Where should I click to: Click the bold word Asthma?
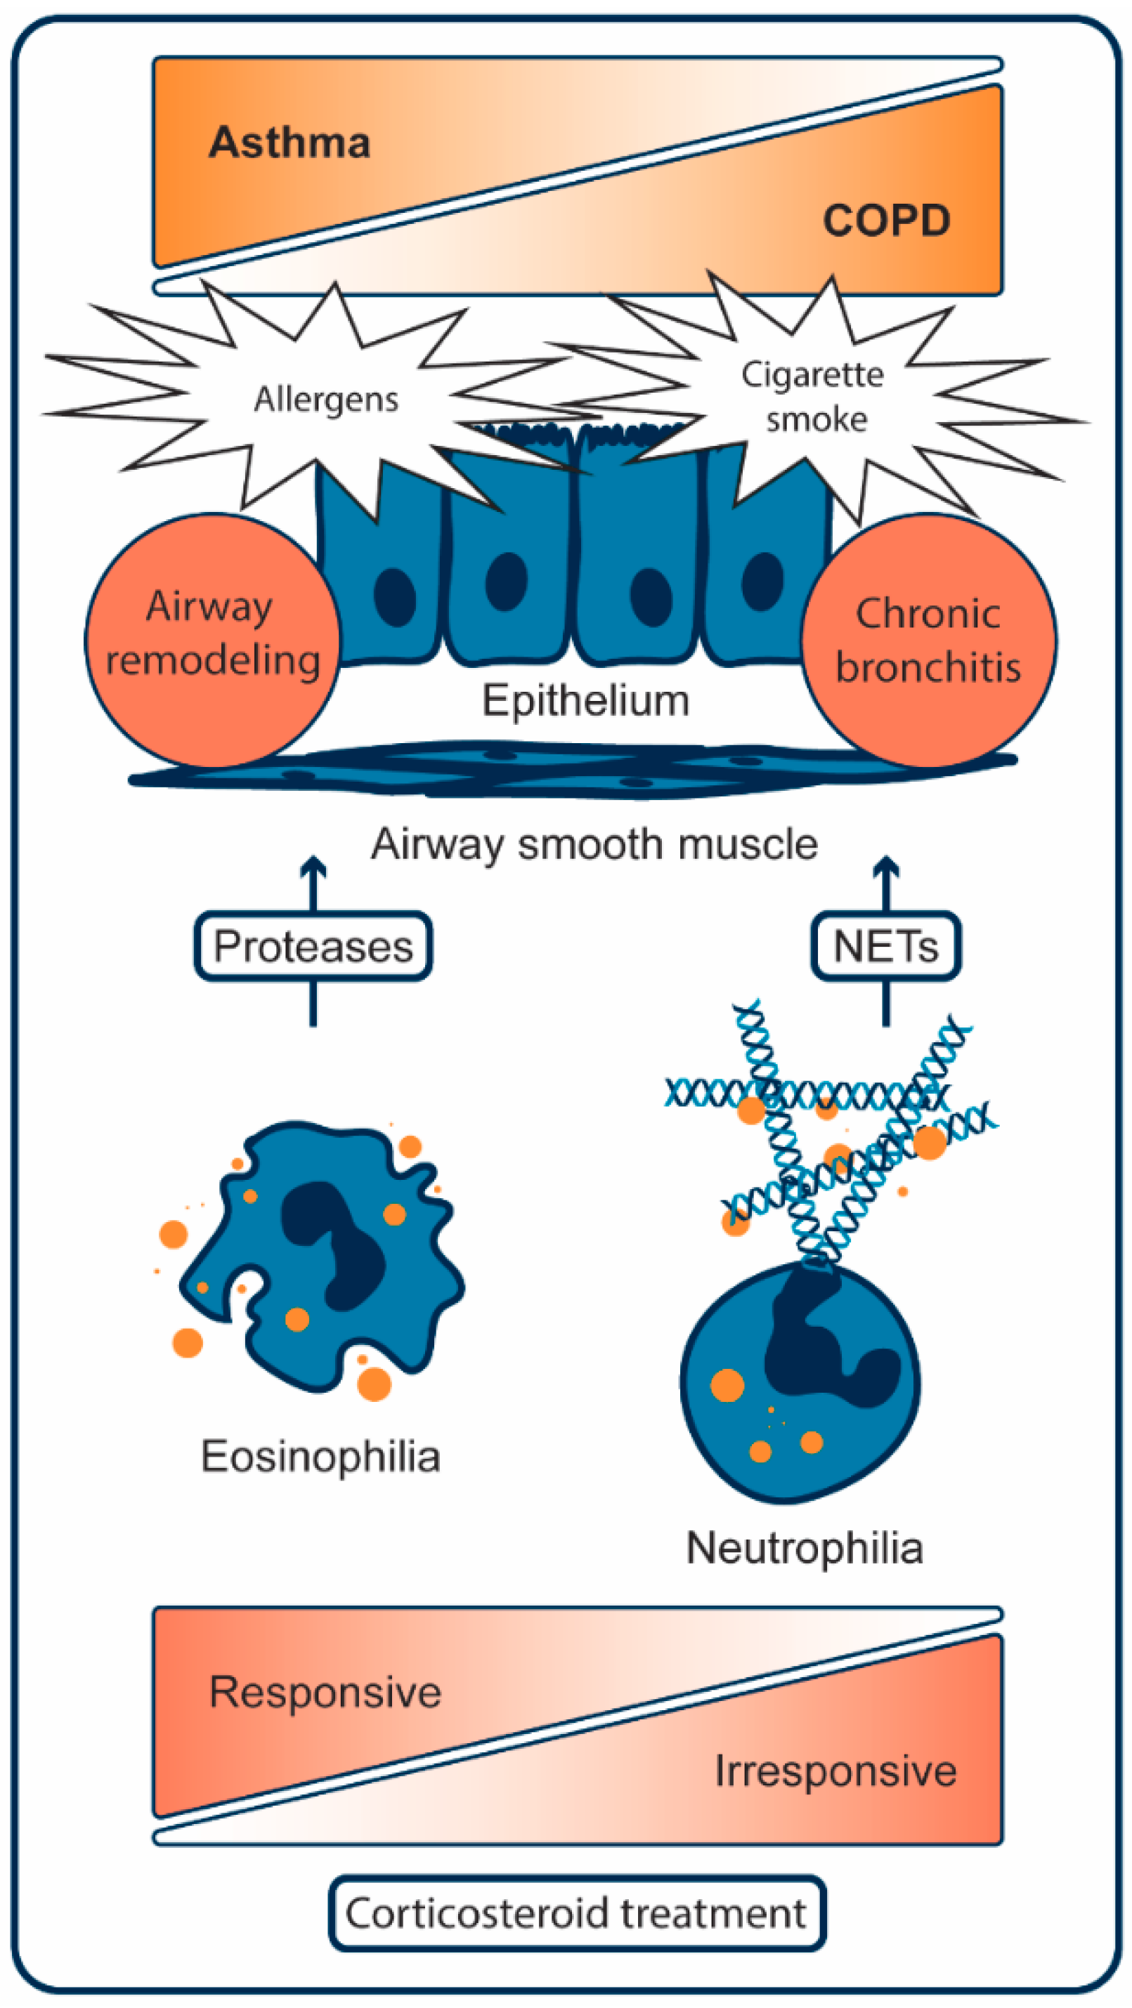tap(289, 143)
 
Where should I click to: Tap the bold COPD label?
tap(887, 221)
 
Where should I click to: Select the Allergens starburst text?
tap(326, 399)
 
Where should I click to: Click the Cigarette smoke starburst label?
tap(813, 397)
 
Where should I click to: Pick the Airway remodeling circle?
tap(212, 639)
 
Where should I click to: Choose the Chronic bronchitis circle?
tap(928, 639)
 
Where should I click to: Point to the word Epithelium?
tap(585, 700)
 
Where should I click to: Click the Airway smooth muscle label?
tap(594, 844)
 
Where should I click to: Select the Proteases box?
tap(313, 946)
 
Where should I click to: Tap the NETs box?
tap(885, 946)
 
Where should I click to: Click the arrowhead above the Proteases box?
tap(313, 865)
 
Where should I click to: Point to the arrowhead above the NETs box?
tap(885, 865)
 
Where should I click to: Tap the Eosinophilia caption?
tap(320, 1456)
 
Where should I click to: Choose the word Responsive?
tap(325, 1693)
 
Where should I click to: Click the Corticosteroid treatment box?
tap(577, 1913)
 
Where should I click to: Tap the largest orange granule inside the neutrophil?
tap(727, 1385)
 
